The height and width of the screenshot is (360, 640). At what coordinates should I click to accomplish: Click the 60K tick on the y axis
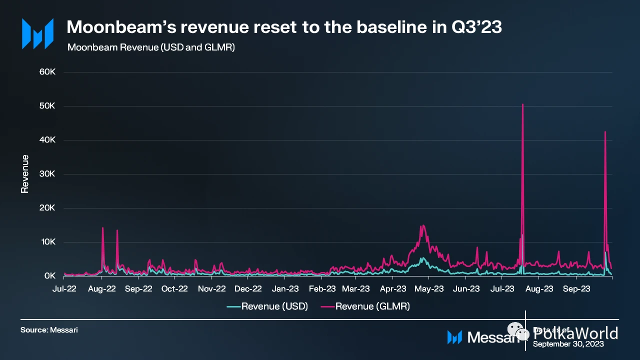(50, 72)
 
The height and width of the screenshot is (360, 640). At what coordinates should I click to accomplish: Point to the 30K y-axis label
(50, 174)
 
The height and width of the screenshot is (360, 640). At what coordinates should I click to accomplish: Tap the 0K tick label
(51, 276)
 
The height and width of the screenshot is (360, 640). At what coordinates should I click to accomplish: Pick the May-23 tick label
(429, 288)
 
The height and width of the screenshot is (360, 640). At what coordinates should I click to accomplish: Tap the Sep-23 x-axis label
(575, 288)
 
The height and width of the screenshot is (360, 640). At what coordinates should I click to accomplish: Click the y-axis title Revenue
(24, 174)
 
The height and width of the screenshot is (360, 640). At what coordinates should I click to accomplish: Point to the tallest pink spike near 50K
(522, 104)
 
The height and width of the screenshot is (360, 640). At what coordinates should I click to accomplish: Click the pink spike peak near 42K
(605, 132)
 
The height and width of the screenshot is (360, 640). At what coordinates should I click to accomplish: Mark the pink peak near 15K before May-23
(423, 225)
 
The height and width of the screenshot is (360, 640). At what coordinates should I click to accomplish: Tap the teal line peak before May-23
(422, 258)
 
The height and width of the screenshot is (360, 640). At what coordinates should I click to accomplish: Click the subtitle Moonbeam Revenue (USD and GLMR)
(150, 47)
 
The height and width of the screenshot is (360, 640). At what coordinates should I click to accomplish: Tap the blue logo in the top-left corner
(37, 33)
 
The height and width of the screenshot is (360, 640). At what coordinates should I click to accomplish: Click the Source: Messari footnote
(49, 330)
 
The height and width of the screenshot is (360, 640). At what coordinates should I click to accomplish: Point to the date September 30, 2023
(568, 344)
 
